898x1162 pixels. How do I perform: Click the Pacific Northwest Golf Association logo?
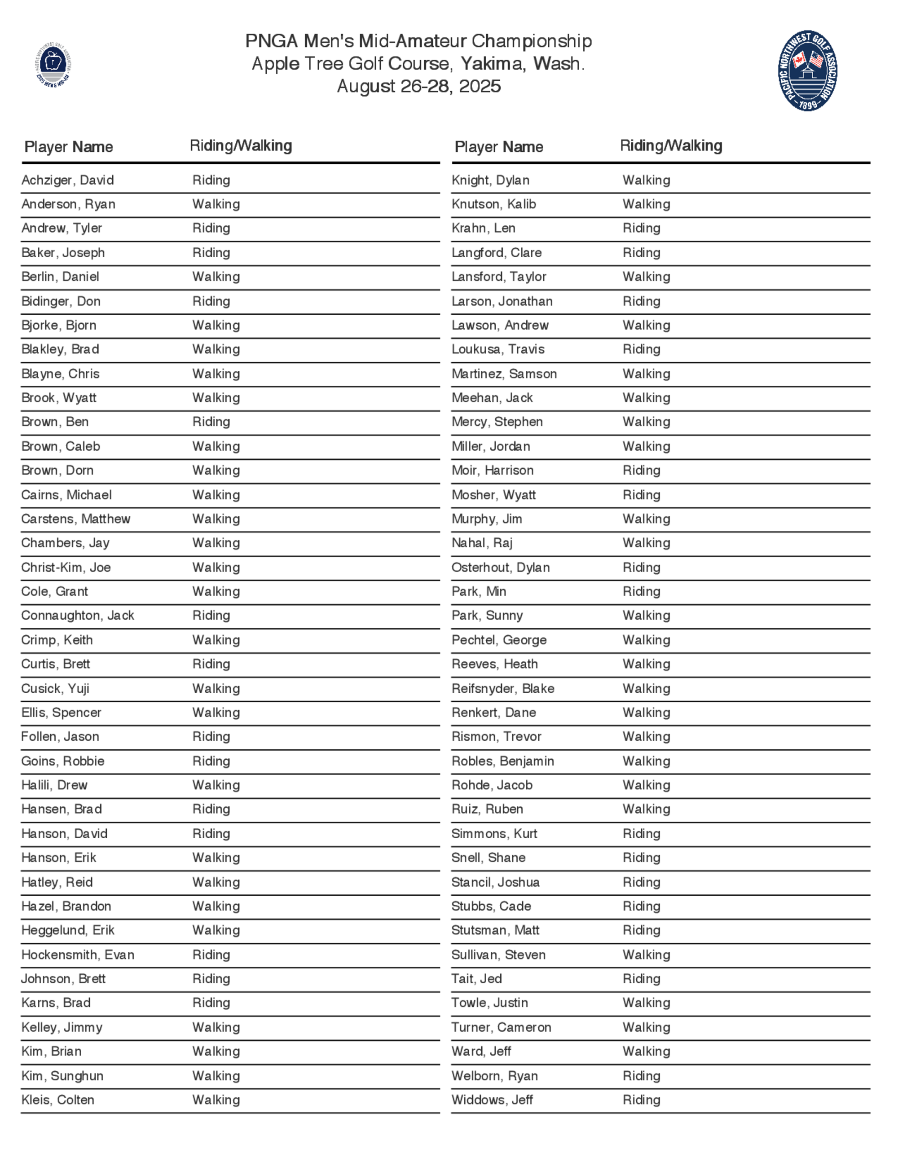pos(807,71)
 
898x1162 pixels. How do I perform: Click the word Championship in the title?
pos(532,41)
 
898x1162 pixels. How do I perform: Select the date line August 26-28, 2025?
pos(418,86)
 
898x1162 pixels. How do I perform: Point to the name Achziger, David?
pos(67,180)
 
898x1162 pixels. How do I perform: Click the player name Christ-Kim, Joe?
pos(66,567)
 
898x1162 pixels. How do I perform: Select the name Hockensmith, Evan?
pos(78,955)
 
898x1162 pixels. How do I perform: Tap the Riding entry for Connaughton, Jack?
pos(211,616)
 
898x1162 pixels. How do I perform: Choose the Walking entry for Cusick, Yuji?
pos(216,688)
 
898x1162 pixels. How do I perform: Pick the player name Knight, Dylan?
pos(490,180)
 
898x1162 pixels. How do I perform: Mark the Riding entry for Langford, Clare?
pos(642,253)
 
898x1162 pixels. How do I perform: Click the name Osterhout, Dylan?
pos(501,567)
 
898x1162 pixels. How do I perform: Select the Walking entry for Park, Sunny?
pos(647,616)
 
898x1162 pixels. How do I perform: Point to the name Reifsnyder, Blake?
pos(503,688)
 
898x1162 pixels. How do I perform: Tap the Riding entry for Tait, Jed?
pos(642,978)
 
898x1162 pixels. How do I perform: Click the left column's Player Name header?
pos(69,147)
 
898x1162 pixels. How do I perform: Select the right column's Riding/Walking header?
pos(671,146)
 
